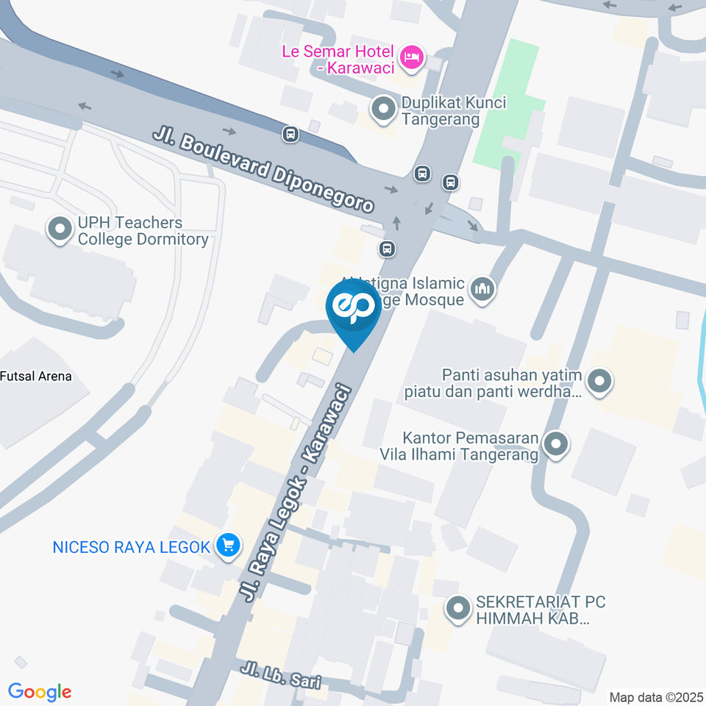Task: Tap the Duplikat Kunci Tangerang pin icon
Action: pyautogui.click(x=382, y=110)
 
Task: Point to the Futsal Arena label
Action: pyautogui.click(x=36, y=377)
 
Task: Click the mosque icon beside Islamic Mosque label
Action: pyautogui.click(x=482, y=290)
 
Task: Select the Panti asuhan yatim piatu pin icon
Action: pyautogui.click(x=600, y=382)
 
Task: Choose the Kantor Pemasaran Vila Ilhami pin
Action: pyautogui.click(x=556, y=444)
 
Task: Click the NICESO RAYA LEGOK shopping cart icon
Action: pyautogui.click(x=228, y=546)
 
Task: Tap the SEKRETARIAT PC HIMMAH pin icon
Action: pyautogui.click(x=459, y=609)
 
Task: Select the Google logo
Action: pyautogui.click(x=40, y=692)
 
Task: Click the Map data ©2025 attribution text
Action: pyautogui.click(x=655, y=696)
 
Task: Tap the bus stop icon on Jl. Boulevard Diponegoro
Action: pyautogui.click(x=291, y=134)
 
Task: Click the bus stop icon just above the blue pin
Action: pyautogui.click(x=388, y=249)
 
